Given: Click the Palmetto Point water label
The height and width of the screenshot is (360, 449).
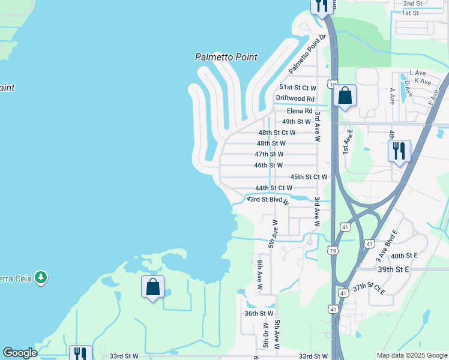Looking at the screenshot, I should point(226,58).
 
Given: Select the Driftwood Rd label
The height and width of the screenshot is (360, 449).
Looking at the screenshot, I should point(295,98).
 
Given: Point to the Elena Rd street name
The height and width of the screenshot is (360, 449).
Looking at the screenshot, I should point(300,111).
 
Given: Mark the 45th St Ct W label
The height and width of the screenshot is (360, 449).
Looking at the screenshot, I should point(309,177).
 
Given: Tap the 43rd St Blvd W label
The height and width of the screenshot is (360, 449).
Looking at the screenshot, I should point(268,200).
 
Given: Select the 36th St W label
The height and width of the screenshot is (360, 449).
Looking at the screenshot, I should point(259,313).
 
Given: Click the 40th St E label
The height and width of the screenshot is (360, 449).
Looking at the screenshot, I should point(404,256).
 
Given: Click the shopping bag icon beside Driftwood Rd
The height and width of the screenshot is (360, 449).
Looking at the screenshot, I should point(345,96).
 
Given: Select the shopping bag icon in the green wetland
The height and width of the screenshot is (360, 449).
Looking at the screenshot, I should point(153,287).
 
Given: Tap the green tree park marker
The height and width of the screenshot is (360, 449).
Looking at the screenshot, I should point(41,277).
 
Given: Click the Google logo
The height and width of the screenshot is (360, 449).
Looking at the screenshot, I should point(20,353).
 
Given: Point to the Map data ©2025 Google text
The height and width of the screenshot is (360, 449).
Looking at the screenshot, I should point(411,355).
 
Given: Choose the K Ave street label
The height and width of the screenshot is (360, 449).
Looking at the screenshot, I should point(423,81).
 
